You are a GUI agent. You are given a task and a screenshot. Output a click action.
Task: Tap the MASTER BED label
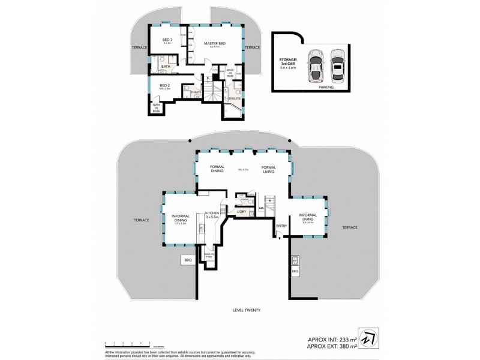(x=214, y=43)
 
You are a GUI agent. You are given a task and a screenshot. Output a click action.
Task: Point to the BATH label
(x=166, y=67)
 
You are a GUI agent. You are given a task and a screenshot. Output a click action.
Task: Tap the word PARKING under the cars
(x=326, y=87)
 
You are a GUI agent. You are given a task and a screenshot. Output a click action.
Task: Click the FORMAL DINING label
(x=217, y=169)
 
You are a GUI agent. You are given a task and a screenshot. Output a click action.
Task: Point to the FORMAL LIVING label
(x=268, y=169)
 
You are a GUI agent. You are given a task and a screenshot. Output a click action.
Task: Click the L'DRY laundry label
(x=242, y=212)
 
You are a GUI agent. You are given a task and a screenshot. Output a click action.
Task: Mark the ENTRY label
(x=281, y=226)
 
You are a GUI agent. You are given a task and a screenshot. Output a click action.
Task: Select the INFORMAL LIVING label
(x=308, y=218)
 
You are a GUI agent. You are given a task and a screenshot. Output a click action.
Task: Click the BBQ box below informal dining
(x=187, y=260)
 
